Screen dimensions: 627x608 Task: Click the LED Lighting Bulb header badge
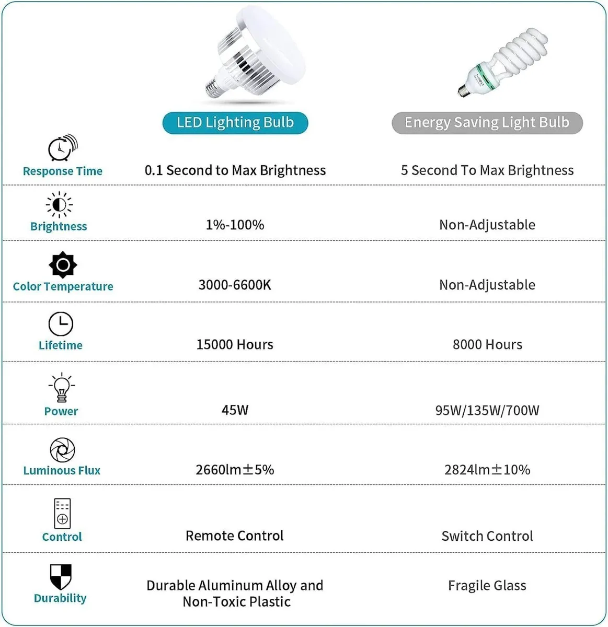(235, 123)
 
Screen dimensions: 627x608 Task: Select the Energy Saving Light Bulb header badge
(487, 123)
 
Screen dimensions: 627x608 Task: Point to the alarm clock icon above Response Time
(62, 148)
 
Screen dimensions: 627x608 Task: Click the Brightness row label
(59, 226)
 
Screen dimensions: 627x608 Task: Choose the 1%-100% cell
(235, 225)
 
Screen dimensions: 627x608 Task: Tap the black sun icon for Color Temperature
(63, 265)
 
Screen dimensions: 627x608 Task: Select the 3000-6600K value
(235, 285)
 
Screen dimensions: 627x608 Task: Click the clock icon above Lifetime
(61, 324)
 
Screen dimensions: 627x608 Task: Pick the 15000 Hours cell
(235, 344)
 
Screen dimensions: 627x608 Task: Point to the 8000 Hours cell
(487, 344)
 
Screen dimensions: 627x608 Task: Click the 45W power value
(235, 410)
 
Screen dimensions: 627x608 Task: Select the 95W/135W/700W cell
(487, 410)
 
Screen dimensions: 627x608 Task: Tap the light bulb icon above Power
(62, 387)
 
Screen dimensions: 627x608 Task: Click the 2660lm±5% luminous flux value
(235, 469)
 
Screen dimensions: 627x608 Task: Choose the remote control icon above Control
(62, 513)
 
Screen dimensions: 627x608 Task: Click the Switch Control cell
(487, 536)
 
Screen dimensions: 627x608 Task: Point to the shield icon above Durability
(61, 577)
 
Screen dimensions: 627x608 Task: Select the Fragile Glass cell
(487, 586)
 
